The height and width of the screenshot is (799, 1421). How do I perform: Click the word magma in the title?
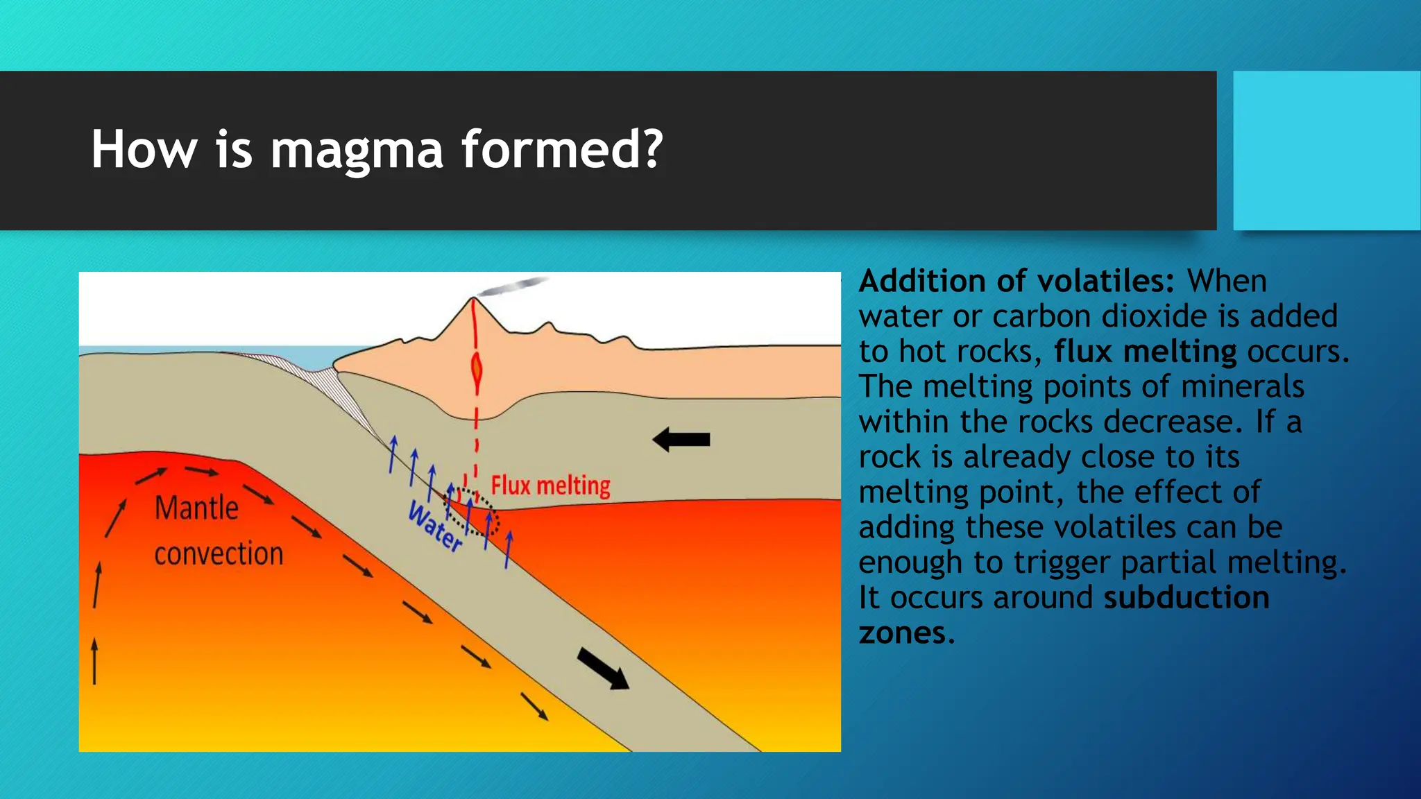point(356,150)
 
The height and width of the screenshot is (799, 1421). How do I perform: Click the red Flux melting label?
point(550,486)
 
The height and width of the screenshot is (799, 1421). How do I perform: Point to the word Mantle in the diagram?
point(196,508)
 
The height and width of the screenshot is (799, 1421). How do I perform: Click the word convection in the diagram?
point(219,554)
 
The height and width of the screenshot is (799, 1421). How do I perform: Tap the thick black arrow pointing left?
point(681,439)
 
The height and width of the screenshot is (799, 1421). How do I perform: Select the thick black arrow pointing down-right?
point(603,668)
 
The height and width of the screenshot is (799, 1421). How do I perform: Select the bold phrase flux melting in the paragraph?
point(1145,352)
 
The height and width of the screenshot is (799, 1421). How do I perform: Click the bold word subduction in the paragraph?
point(1186,597)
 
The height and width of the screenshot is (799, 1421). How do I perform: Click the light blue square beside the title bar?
point(1326,151)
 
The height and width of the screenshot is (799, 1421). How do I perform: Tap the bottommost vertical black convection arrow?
point(95,662)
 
